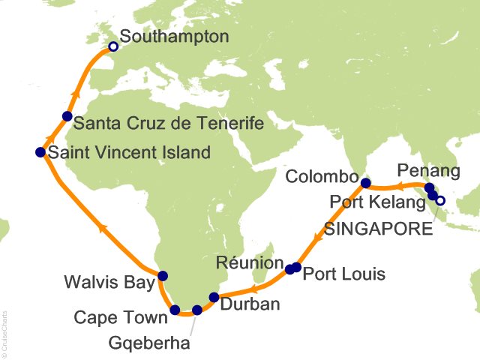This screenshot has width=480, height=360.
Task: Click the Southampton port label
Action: click(175, 36)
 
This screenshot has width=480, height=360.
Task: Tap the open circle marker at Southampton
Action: click(113, 46)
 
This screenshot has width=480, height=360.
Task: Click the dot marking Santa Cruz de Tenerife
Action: click(67, 116)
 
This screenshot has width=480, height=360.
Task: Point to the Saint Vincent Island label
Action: click(128, 153)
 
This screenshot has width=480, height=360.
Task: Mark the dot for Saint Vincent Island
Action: click(40, 152)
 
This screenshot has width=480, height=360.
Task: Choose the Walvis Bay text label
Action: click(105, 283)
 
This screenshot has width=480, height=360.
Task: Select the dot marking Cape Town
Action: click(175, 310)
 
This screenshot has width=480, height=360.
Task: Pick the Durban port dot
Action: click(214, 297)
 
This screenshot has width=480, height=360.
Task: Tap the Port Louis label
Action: click(343, 274)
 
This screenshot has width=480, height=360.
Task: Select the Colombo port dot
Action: click(365, 183)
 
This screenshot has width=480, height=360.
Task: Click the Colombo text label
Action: click(323, 178)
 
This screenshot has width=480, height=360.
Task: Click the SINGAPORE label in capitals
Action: click(379, 229)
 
